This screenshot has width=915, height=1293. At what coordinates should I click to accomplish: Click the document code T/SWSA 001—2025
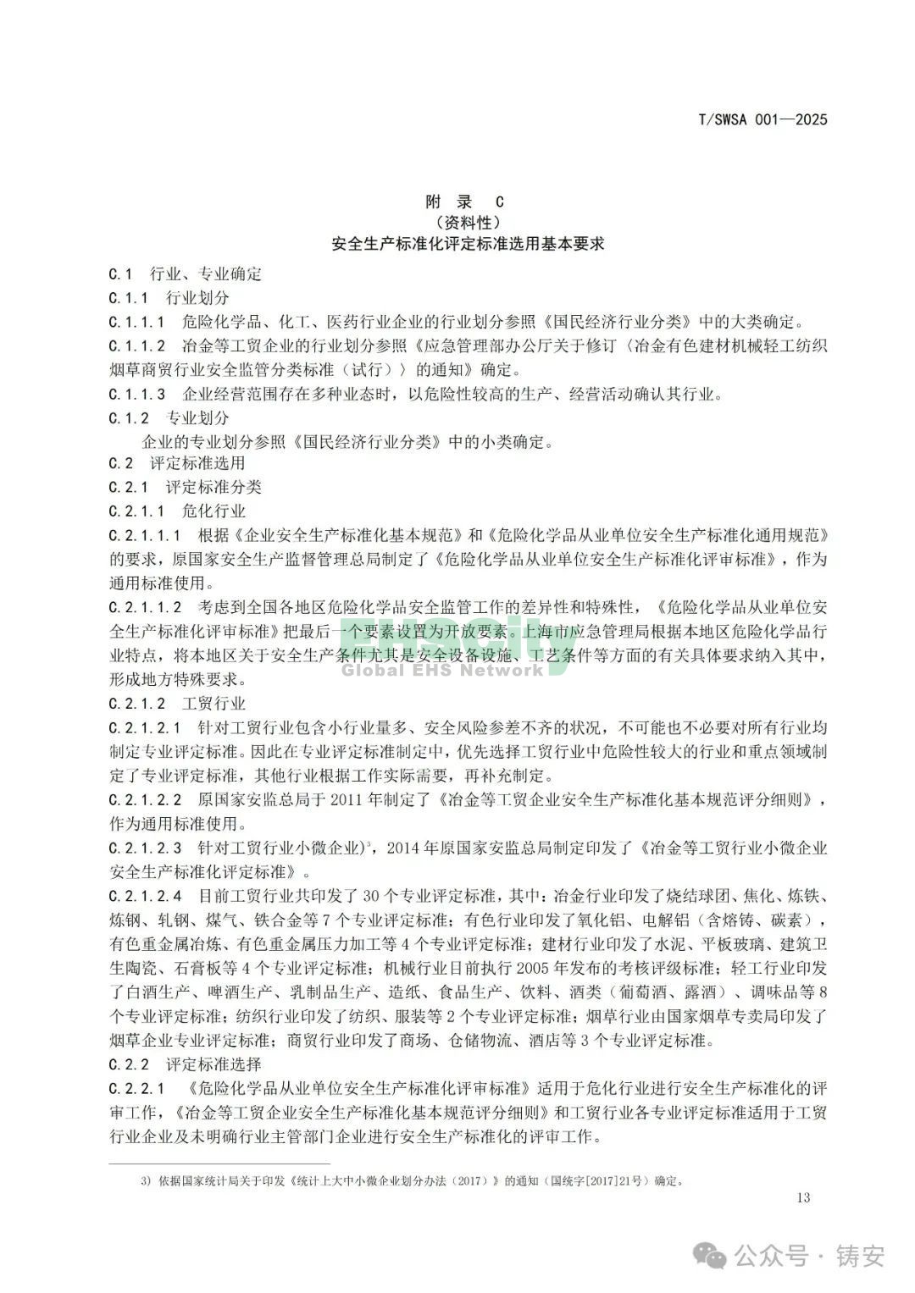click(x=762, y=119)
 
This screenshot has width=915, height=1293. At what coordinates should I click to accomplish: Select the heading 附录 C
click(x=464, y=202)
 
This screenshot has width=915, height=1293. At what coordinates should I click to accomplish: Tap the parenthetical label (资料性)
click(x=464, y=223)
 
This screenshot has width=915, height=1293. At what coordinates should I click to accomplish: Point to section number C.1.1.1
click(x=136, y=322)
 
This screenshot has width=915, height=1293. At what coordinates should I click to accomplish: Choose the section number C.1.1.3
click(x=136, y=394)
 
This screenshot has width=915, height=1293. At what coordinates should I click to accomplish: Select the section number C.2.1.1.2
click(x=145, y=607)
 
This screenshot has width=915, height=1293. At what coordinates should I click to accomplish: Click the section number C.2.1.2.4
click(x=145, y=896)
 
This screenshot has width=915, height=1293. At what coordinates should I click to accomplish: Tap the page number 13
click(x=804, y=1197)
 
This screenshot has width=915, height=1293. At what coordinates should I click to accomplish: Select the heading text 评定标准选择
click(x=213, y=1064)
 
